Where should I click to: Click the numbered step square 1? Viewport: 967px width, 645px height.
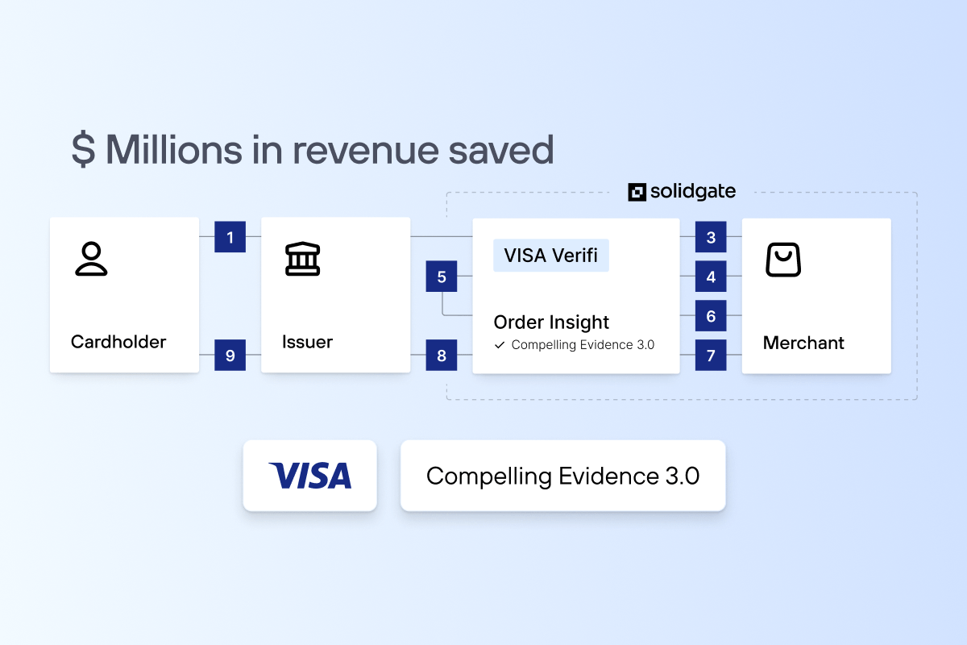tap(230, 237)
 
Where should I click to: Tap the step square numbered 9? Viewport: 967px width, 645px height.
tap(230, 355)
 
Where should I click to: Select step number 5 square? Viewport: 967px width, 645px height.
tap(442, 277)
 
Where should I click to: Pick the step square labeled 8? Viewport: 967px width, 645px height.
tap(442, 355)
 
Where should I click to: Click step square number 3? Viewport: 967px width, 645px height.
tap(711, 237)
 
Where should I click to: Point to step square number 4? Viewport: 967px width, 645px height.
tap(711, 277)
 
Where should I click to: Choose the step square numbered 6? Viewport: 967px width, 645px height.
tap(711, 316)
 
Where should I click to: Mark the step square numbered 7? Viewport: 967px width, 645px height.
tap(711, 355)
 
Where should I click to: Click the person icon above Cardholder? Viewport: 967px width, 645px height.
tap(91, 259)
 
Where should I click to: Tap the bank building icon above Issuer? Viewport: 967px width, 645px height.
tap(303, 260)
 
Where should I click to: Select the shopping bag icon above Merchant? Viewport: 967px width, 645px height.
tap(782, 260)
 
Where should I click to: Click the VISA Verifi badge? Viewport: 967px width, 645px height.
tap(551, 256)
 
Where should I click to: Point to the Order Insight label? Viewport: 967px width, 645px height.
tap(551, 322)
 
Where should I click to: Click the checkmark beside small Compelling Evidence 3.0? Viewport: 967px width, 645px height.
tap(500, 345)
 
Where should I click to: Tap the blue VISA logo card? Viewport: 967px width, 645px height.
tap(310, 476)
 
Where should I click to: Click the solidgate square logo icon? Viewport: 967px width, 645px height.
tap(637, 192)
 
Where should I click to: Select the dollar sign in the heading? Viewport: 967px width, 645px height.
tap(84, 150)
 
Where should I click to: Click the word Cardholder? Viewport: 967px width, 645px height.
tap(118, 342)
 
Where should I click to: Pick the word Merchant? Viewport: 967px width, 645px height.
tap(803, 343)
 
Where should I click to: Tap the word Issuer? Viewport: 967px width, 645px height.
tap(307, 342)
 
